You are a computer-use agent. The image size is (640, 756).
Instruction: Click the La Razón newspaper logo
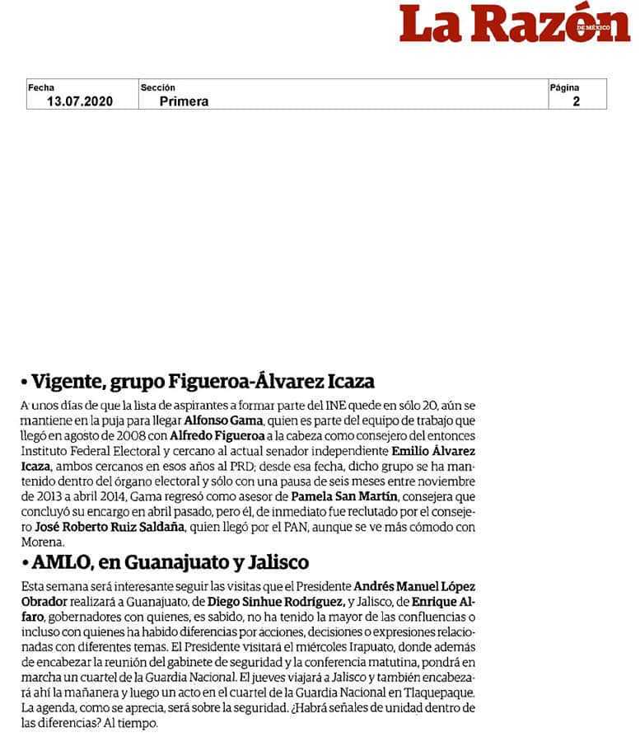pos(515,23)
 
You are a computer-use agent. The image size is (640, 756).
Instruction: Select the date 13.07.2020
pos(80,101)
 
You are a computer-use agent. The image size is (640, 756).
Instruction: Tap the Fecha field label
pos(41,87)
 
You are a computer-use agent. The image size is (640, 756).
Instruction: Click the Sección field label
pos(158,87)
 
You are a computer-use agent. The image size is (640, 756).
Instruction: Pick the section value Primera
pos(184,101)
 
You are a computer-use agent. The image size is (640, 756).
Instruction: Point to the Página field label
pos(564,87)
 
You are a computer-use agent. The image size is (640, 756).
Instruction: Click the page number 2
pos(577,101)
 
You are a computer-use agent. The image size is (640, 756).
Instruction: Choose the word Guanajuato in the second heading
pos(171,562)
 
